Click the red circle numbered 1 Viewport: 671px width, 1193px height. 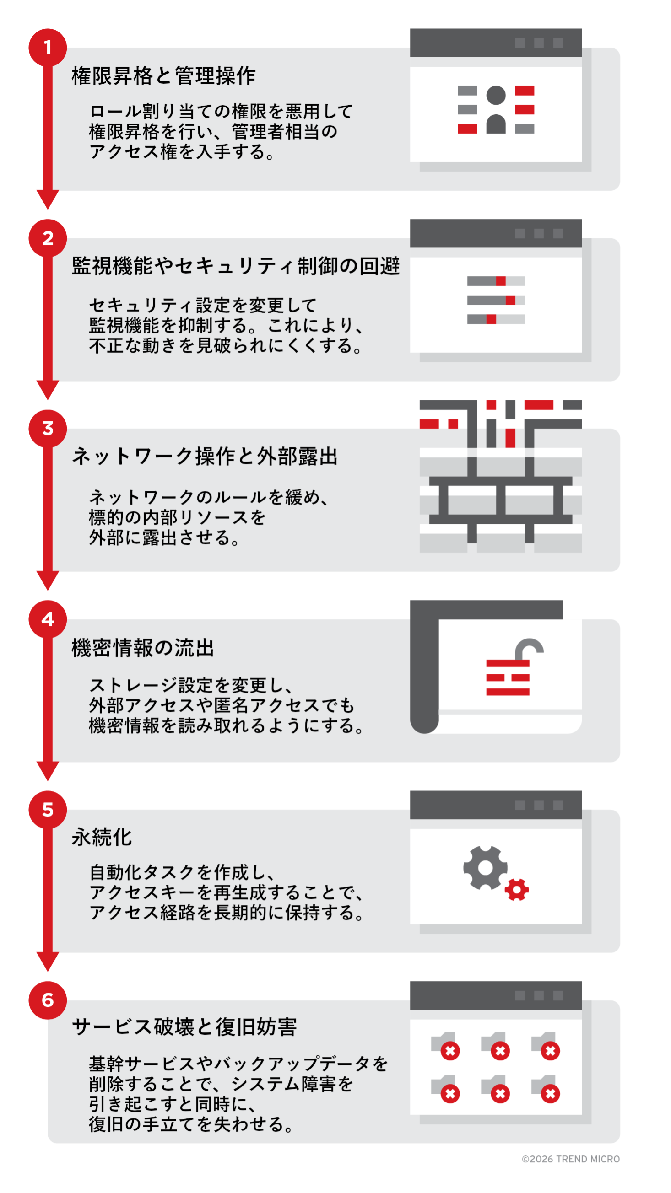[48, 48]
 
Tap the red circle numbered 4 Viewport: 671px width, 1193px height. [48, 619]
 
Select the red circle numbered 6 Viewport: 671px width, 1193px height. [48, 1000]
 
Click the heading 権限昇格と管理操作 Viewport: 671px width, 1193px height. [163, 76]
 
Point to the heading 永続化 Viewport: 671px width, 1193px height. [102, 837]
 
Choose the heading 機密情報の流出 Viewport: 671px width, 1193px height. [143, 647]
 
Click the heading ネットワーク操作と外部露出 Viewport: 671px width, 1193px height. [205, 457]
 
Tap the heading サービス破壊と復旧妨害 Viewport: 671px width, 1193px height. [184, 1027]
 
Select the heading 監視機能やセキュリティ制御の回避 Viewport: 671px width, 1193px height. [236, 266]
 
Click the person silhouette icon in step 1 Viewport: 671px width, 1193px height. [496, 110]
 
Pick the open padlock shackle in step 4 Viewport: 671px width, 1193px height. [529, 648]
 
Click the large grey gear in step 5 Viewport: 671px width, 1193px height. [485, 868]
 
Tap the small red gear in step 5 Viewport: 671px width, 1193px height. [517, 890]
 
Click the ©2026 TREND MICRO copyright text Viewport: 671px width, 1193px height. [571, 1159]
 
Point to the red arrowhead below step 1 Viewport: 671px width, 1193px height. [48, 199]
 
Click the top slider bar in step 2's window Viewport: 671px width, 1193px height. [496, 281]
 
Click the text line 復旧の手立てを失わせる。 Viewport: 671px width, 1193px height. [191, 1124]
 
